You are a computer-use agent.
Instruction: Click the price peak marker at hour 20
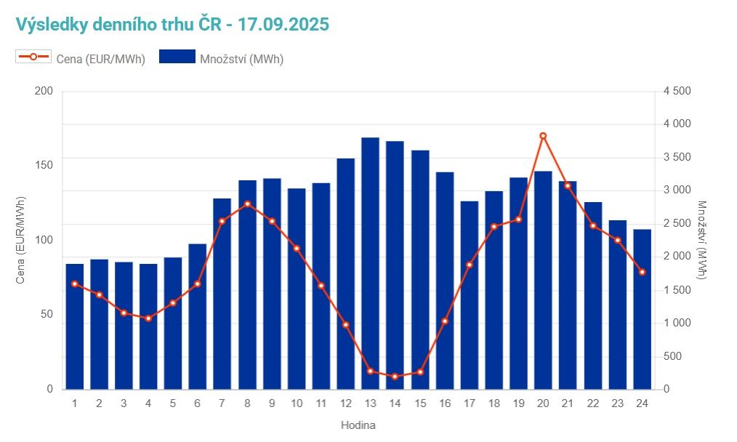click(x=543, y=136)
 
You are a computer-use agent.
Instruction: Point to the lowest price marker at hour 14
click(x=395, y=377)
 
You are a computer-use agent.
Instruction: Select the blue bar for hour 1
click(x=75, y=326)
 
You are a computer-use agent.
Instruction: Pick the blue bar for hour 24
click(x=642, y=309)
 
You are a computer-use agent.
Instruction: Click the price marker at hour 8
click(x=247, y=204)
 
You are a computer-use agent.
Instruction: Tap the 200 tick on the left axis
click(x=44, y=91)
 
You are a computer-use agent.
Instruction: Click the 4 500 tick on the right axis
click(x=677, y=91)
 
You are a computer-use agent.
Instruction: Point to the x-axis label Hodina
click(x=358, y=425)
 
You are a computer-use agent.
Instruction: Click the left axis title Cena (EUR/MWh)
click(x=21, y=240)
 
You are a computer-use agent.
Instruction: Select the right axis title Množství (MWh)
click(x=702, y=240)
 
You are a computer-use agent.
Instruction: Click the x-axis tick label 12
click(x=346, y=403)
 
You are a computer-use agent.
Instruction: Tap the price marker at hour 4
click(x=148, y=318)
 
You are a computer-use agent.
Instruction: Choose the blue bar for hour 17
click(x=469, y=295)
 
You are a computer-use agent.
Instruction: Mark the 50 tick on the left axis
click(x=47, y=315)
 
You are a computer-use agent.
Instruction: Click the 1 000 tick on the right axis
click(x=677, y=323)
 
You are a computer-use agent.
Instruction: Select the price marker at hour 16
click(x=445, y=321)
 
